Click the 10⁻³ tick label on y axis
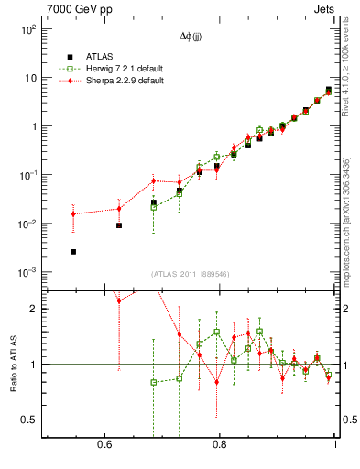(28, 273)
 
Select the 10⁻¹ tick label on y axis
(28, 176)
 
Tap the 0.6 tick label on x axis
(104, 444)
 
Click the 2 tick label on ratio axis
(34, 309)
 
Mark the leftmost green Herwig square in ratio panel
(154, 382)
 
